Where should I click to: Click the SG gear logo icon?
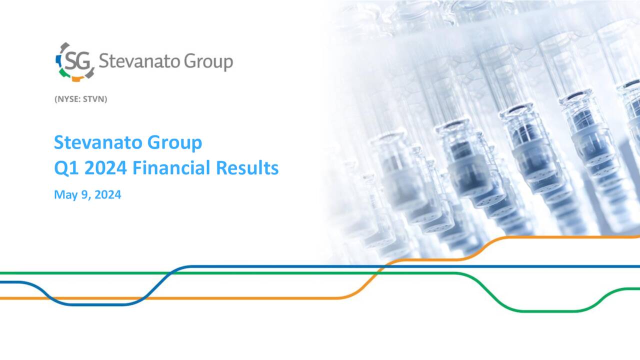(x=74, y=61)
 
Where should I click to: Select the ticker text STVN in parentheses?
(x=94, y=99)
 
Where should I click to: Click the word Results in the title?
(x=247, y=168)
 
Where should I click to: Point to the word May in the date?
(x=63, y=195)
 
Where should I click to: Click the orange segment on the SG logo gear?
(x=76, y=78)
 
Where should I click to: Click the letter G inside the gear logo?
(x=83, y=61)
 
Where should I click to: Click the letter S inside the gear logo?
(x=69, y=61)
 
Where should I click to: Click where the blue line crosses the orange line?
(x=142, y=298)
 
